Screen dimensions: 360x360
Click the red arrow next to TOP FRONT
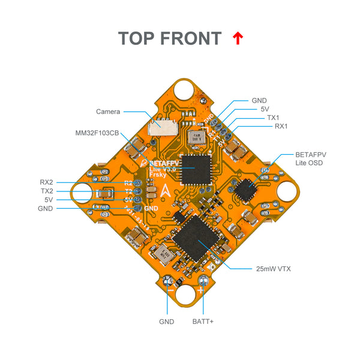238,38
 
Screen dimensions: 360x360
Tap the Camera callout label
108,112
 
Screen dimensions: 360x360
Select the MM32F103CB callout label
97,133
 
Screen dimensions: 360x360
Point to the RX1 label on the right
281,127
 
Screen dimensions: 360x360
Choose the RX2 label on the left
46,182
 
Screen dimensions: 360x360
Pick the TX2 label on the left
46,191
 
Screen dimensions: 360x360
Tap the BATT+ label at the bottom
203,322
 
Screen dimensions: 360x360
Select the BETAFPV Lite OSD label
311,158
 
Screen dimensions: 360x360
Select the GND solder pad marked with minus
169,281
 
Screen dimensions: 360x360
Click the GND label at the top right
260,101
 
